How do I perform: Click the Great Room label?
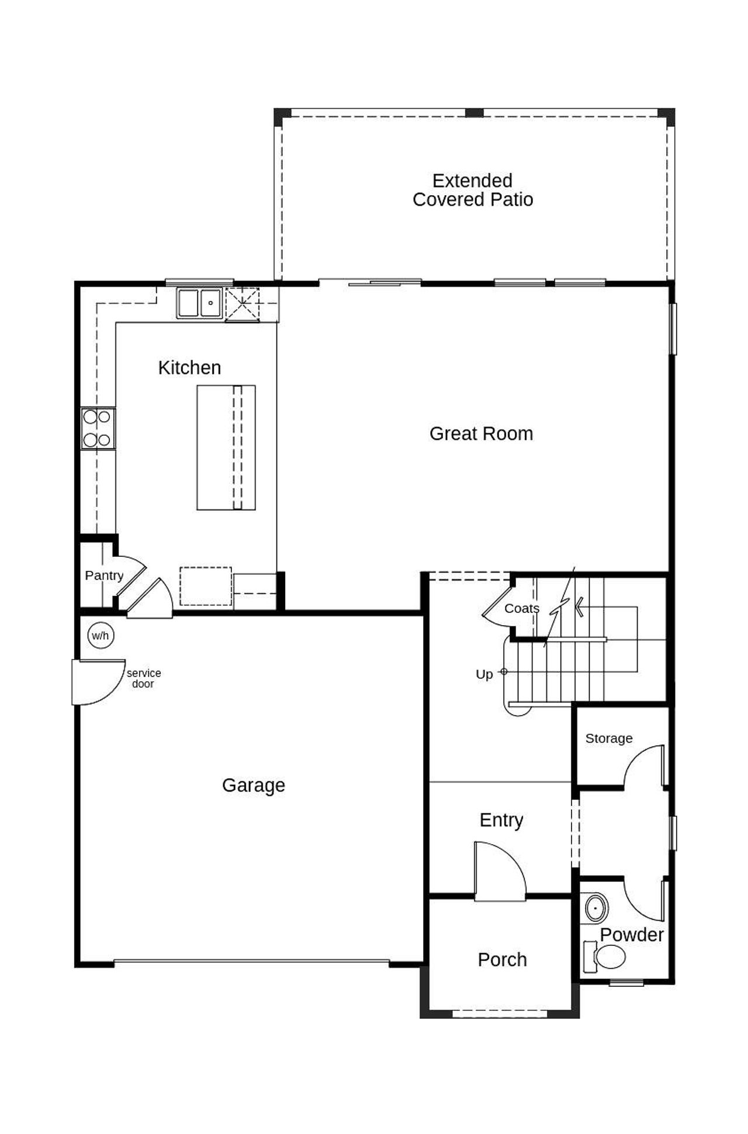(x=481, y=434)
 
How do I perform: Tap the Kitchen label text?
(x=189, y=367)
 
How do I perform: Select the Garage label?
(x=254, y=785)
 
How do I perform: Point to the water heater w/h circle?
(x=101, y=635)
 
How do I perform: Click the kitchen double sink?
(x=200, y=303)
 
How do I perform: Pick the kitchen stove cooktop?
(x=98, y=428)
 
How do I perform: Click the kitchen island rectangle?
(x=226, y=448)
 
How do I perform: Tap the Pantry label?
(x=104, y=575)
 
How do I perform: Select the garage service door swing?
(x=96, y=681)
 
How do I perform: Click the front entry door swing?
(x=498, y=871)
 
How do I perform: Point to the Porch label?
(x=502, y=959)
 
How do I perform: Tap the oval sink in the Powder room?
(x=596, y=908)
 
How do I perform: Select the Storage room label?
(x=608, y=738)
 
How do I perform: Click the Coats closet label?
(x=521, y=608)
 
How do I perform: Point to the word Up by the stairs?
(x=484, y=674)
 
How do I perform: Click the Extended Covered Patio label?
(x=473, y=190)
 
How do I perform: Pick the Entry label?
(x=501, y=820)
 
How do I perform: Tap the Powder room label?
(x=632, y=935)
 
